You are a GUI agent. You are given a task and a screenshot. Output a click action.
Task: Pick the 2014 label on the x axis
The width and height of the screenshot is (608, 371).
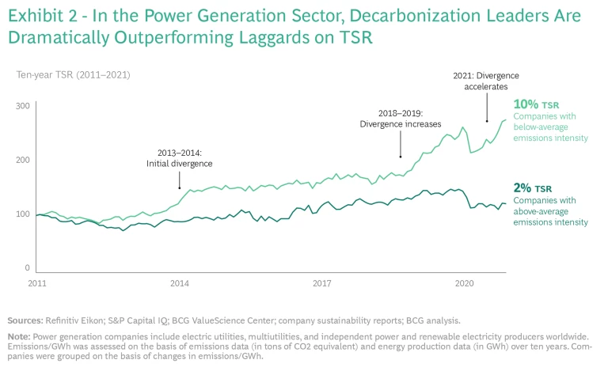180,282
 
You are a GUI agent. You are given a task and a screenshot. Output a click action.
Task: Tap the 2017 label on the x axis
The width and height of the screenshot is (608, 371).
321,282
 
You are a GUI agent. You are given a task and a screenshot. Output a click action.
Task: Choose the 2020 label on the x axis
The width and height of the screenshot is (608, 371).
464,282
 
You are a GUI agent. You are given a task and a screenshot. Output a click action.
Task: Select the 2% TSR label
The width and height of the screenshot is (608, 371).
532,187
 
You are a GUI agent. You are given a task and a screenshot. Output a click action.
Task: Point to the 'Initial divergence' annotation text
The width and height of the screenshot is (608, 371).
180,164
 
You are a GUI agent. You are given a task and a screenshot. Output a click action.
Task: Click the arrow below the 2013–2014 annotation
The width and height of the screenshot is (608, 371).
180,180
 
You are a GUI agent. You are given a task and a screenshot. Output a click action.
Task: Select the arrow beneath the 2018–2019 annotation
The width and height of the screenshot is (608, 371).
400,145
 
